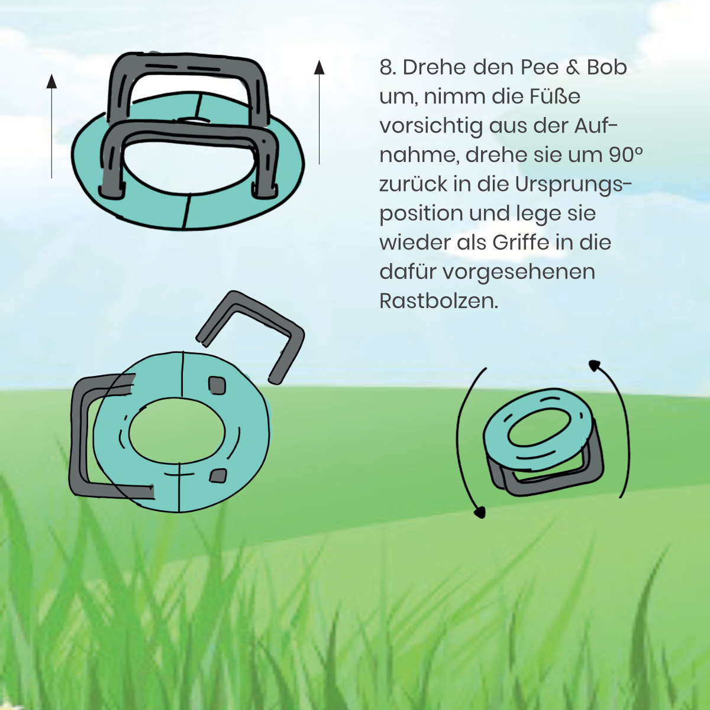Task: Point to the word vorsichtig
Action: point(431,127)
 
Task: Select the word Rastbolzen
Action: point(438,301)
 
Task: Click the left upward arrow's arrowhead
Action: point(51,81)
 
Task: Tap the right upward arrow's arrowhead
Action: point(319,67)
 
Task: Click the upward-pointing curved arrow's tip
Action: point(593,365)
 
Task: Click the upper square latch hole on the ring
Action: point(217,385)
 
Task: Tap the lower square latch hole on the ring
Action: point(218,475)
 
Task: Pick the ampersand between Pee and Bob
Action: point(573,68)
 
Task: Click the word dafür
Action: point(407,271)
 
